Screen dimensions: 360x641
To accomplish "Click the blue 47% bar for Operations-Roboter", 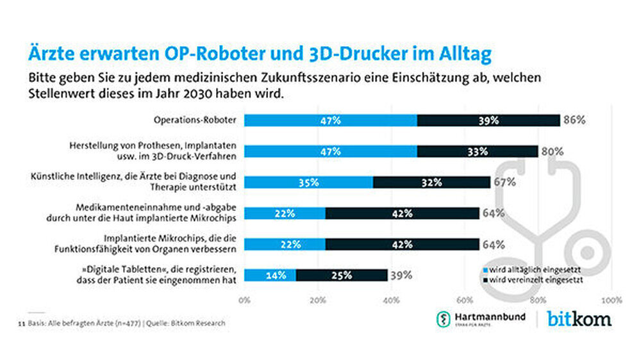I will tap(330, 120).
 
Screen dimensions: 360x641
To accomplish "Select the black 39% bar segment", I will tap(488, 120).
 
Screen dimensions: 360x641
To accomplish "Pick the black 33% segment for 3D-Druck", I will tap(477, 151).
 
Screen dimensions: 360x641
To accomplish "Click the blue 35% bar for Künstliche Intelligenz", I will tap(308, 182).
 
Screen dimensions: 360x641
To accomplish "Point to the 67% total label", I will tap(505, 182).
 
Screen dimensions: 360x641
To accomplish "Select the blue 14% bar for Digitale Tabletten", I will tap(270, 275).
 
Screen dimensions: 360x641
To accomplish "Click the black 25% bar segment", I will tap(341, 275).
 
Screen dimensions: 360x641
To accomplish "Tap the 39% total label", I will tap(401, 275).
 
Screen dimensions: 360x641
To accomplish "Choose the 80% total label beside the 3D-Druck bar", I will tap(551, 151).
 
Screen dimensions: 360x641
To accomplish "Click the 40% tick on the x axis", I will tap(391, 299).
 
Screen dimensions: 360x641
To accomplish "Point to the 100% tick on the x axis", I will tap(612, 299).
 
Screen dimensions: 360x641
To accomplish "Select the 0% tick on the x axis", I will tap(244, 299).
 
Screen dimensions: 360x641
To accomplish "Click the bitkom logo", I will tap(579, 318).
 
